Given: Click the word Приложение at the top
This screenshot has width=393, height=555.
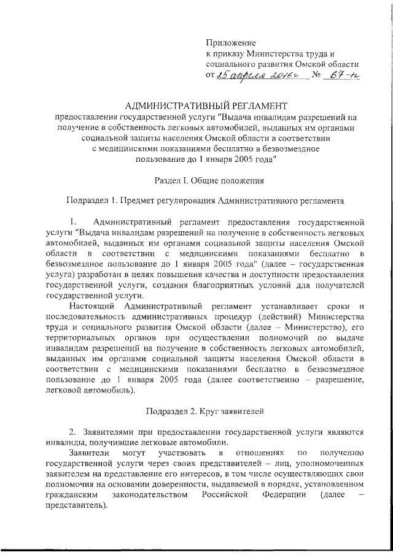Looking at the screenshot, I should tap(230, 44).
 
